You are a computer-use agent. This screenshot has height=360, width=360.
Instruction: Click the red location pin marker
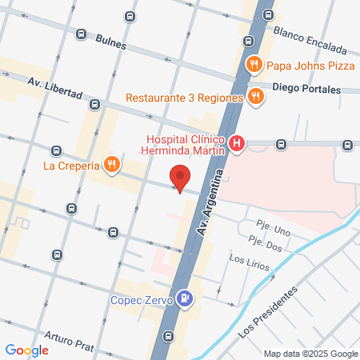tap(180, 178)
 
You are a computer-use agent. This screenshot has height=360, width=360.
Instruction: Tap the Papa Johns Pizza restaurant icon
tap(254, 65)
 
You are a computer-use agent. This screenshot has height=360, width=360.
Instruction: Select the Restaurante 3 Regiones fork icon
tap(256, 98)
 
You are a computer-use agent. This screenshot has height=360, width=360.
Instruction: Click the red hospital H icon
tap(237, 144)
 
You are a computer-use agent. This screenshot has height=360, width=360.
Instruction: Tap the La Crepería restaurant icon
tap(112, 166)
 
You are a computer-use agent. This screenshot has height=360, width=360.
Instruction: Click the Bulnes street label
tap(110, 42)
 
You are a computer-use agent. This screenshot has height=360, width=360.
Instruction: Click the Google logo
tap(26, 350)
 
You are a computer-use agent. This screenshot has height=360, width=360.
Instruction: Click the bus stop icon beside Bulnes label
tap(81, 34)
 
